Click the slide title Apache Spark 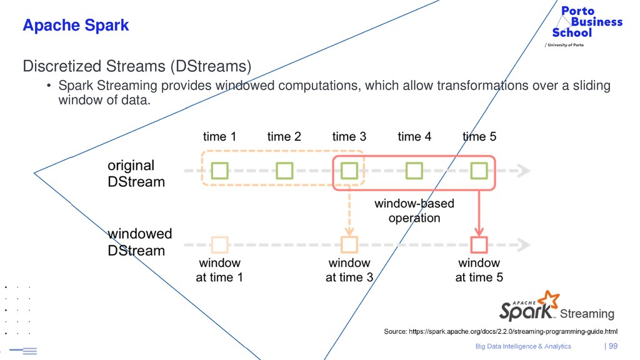(x=76, y=26)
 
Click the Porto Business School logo (x=587, y=22)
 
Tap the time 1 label (x=219, y=136)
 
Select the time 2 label (x=284, y=136)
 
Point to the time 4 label (x=414, y=136)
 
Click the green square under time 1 (x=219, y=170)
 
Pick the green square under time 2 (x=284, y=170)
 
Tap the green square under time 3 (x=349, y=170)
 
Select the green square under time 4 (x=414, y=170)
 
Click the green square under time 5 (x=479, y=170)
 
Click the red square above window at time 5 (x=479, y=244)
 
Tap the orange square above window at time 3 (x=349, y=244)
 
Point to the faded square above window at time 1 (x=219, y=244)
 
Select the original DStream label (x=136, y=174)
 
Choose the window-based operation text (x=414, y=211)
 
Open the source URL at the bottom (x=500, y=331)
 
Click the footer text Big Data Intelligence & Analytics (x=523, y=346)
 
